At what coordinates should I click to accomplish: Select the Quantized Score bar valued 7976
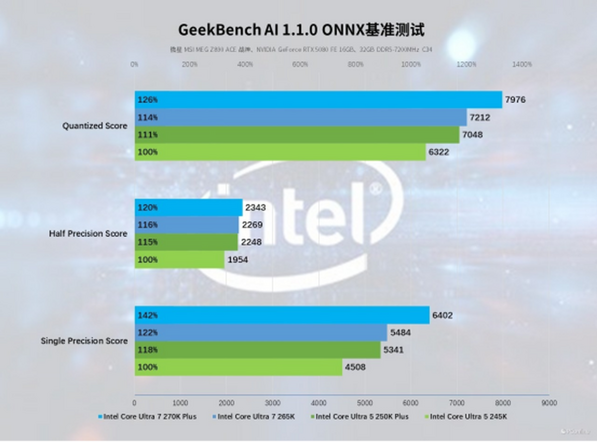click(x=318, y=100)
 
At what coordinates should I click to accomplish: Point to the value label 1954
click(x=237, y=260)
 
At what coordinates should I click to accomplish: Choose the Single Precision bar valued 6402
click(x=282, y=315)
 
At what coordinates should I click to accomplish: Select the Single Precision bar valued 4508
click(x=238, y=367)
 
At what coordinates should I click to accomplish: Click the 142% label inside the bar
click(x=148, y=315)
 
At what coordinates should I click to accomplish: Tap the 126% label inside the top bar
click(x=148, y=100)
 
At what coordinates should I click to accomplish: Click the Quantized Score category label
click(x=95, y=126)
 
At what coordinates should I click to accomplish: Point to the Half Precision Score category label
click(x=88, y=233)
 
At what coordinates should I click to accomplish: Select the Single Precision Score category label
click(x=84, y=341)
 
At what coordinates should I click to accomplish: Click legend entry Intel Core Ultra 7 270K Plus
click(x=150, y=417)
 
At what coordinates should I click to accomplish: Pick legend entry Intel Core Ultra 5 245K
click(x=468, y=417)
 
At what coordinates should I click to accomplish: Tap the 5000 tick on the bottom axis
click(x=365, y=403)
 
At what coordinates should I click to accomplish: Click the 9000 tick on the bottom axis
click(x=549, y=403)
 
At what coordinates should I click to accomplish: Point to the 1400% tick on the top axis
click(x=521, y=64)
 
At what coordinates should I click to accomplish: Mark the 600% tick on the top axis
click(x=300, y=64)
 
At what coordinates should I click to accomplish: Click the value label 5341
click(x=393, y=350)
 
